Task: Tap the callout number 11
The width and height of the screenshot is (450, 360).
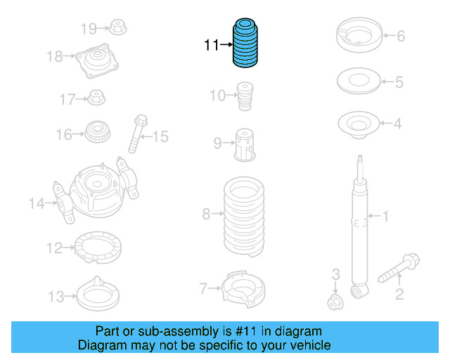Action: point(212,46)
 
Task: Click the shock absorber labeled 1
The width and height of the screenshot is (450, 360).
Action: point(359,225)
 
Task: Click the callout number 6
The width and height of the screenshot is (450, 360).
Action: point(401,35)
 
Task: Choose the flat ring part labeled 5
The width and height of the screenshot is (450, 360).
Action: point(360,82)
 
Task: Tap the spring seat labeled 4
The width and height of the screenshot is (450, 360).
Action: point(360,125)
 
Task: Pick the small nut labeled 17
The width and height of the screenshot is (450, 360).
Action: point(97,97)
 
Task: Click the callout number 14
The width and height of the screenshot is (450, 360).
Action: point(37,204)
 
